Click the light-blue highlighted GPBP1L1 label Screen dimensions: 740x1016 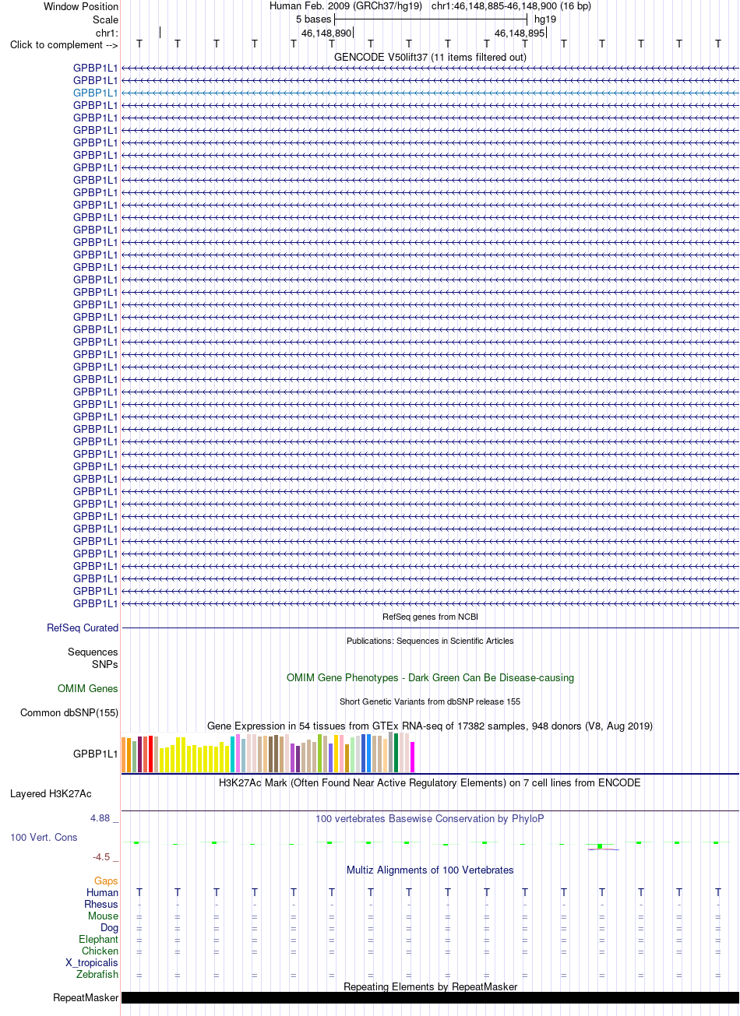[x=95, y=93]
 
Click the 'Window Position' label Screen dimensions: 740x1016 [x=81, y=7]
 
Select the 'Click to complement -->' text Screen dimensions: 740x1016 [x=64, y=45]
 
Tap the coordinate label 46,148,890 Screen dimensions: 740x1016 [x=326, y=33]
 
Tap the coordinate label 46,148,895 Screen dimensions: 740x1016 [x=520, y=33]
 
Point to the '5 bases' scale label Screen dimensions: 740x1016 [x=313, y=19]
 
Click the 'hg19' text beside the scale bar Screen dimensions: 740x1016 [x=545, y=19]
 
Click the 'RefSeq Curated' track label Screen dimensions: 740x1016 [x=83, y=628]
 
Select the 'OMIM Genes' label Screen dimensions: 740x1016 [x=87, y=688]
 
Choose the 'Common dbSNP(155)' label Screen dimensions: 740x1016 [x=69, y=712]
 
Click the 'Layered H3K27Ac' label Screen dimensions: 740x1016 [x=51, y=794]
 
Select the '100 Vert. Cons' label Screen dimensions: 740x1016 [x=44, y=837]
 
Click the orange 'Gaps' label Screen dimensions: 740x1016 [x=106, y=881]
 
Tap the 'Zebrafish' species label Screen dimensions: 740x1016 [x=97, y=974]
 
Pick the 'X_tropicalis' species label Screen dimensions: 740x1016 [x=92, y=962]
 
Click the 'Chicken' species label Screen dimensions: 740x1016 [x=100, y=951]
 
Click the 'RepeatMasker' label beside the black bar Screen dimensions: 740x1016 [x=86, y=998]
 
